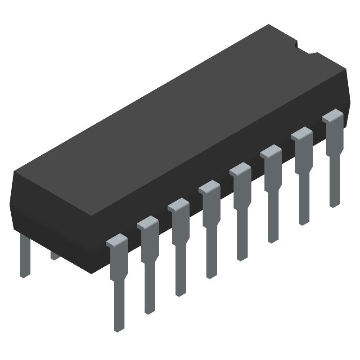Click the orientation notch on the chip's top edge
click(299, 45)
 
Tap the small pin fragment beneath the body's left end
click(55, 256)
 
